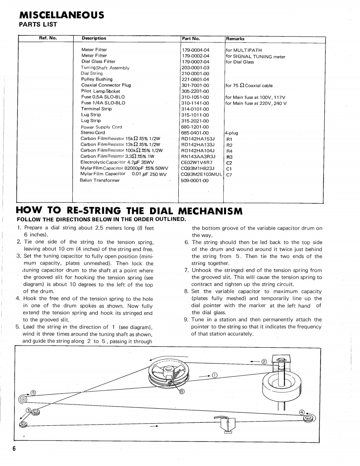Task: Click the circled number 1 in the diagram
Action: tap(215, 375)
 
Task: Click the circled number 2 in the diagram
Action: tap(264, 360)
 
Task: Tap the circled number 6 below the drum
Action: tap(182, 390)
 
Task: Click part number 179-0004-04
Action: tap(195, 50)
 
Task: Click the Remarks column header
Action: tap(235, 39)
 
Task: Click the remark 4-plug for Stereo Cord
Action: tap(232, 133)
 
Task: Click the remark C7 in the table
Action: tap(229, 174)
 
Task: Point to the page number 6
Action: tap(13, 449)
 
